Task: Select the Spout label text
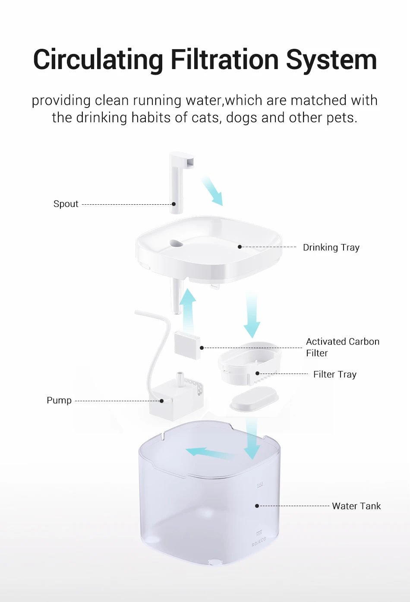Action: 66,204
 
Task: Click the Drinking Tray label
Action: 331,247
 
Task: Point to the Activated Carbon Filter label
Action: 342,347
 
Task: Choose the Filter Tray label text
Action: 335,374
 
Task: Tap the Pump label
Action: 59,400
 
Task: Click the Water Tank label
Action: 356,506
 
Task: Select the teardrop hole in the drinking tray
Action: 176,244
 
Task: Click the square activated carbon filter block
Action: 187,345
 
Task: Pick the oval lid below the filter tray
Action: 254,399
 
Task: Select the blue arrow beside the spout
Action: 212,190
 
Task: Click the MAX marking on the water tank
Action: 260,485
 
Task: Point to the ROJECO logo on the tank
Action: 259,542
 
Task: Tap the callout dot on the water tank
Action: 257,506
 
